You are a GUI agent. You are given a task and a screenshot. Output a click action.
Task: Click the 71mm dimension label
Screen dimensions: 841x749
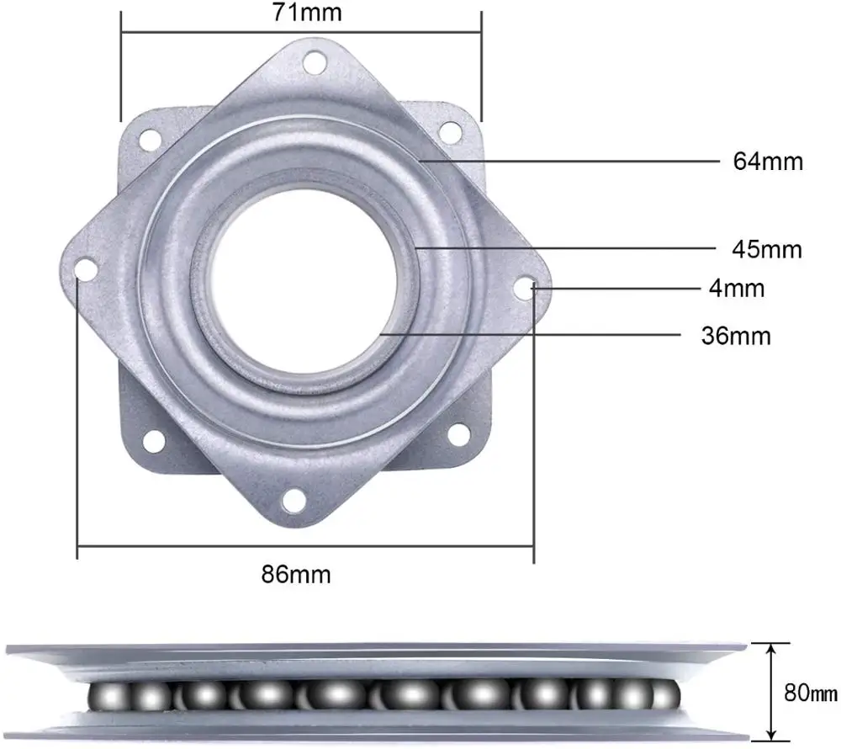click(x=307, y=13)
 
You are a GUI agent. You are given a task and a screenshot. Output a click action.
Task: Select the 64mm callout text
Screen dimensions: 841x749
click(x=768, y=162)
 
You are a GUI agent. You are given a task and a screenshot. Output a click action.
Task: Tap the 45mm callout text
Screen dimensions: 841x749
click(x=767, y=249)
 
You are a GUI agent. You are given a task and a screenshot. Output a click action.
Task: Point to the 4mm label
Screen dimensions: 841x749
click(x=737, y=289)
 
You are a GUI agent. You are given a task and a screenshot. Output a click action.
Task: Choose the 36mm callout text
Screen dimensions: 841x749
click(x=736, y=336)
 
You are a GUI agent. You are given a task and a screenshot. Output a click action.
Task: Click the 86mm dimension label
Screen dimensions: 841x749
click(x=296, y=575)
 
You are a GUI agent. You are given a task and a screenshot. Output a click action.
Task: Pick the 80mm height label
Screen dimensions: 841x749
click(x=811, y=693)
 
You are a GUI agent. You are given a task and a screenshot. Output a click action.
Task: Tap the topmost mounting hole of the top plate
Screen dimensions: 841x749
click(x=315, y=63)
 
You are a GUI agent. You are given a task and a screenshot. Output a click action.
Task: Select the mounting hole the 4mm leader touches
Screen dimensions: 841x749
click(x=526, y=288)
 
